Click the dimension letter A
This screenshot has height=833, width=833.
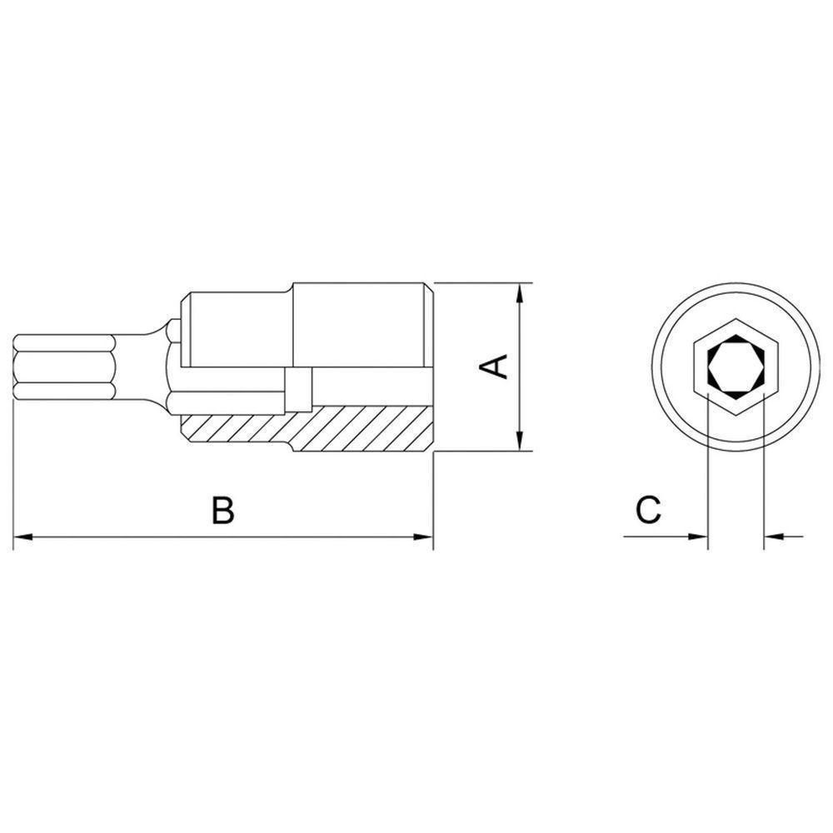[496, 367]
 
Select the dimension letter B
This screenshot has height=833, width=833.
[222, 510]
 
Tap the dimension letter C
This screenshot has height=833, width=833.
[648, 509]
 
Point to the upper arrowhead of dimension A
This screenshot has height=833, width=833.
[520, 293]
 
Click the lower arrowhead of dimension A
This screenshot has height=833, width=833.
[520, 441]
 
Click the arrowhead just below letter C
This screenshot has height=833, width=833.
[697, 537]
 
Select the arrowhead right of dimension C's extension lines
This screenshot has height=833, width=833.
[773, 537]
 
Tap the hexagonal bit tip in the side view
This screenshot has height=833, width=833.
[62, 367]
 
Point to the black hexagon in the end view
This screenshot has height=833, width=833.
[734, 367]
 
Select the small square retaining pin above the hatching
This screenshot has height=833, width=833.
[297, 389]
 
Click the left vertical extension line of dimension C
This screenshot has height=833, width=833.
[706, 475]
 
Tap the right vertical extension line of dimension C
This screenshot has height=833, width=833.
[763, 475]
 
